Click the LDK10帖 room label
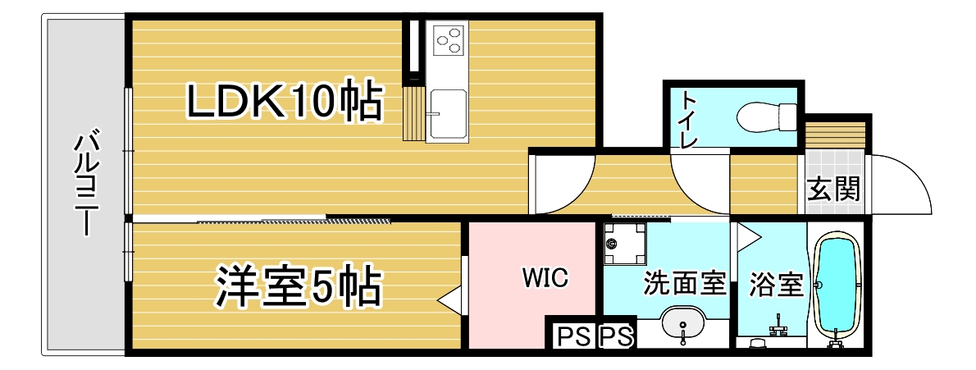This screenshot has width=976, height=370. [284, 102]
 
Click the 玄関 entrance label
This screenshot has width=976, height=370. [834, 189]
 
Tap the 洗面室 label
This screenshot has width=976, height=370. [685, 283]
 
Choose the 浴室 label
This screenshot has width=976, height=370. [776, 285]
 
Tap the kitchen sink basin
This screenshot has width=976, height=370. [447, 115]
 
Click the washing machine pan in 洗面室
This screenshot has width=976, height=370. [624, 244]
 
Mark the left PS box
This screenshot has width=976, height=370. [573, 337]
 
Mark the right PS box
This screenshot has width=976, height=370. [616, 337]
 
